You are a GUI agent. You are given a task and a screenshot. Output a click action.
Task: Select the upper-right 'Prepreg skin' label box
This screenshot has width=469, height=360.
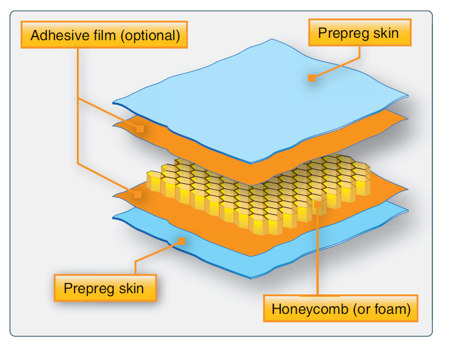[x=358, y=33]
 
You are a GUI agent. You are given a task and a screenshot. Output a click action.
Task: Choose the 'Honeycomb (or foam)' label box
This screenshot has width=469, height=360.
[x=341, y=309]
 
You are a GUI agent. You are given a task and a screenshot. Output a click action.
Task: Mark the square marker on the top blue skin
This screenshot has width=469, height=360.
[x=312, y=77]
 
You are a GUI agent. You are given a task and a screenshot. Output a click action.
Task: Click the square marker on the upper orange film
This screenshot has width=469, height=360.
[x=140, y=128]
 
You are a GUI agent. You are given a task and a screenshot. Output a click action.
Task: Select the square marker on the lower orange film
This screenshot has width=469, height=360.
[x=137, y=194]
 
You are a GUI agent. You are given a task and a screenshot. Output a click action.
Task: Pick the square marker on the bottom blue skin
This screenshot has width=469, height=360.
[x=183, y=241]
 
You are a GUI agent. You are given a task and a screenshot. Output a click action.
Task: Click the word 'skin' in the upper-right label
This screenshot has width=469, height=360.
[x=385, y=33]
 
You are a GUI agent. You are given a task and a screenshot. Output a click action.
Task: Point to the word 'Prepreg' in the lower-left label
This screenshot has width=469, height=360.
[x=89, y=289]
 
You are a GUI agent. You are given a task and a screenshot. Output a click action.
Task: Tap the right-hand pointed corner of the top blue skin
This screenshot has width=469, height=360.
[x=407, y=94]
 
